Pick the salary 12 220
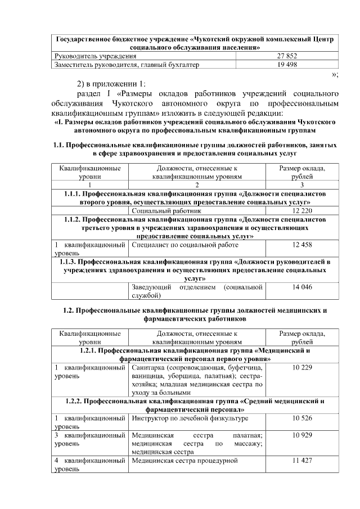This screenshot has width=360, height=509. tap(302, 210)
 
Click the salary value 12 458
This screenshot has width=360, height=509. tap(302, 245)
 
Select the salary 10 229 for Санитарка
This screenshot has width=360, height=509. tap(302, 367)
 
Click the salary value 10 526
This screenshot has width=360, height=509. tap(302, 418)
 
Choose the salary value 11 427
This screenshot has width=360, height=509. tap(302, 461)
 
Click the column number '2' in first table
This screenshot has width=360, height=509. tap(197, 184)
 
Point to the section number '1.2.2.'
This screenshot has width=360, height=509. tap(76, 401)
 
